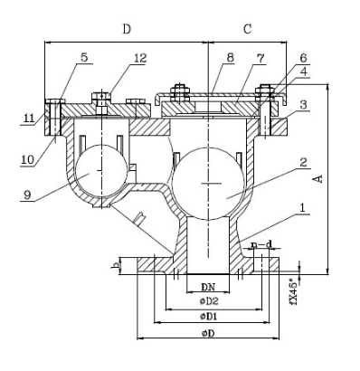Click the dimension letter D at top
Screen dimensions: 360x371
(127, 29)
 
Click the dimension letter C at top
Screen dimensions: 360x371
(247, 29)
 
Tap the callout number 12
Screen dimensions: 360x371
(140, 58)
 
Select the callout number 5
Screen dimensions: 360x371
(84, 57)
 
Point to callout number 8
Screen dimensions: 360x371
(231, 58)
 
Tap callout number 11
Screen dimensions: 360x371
(30, 118)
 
